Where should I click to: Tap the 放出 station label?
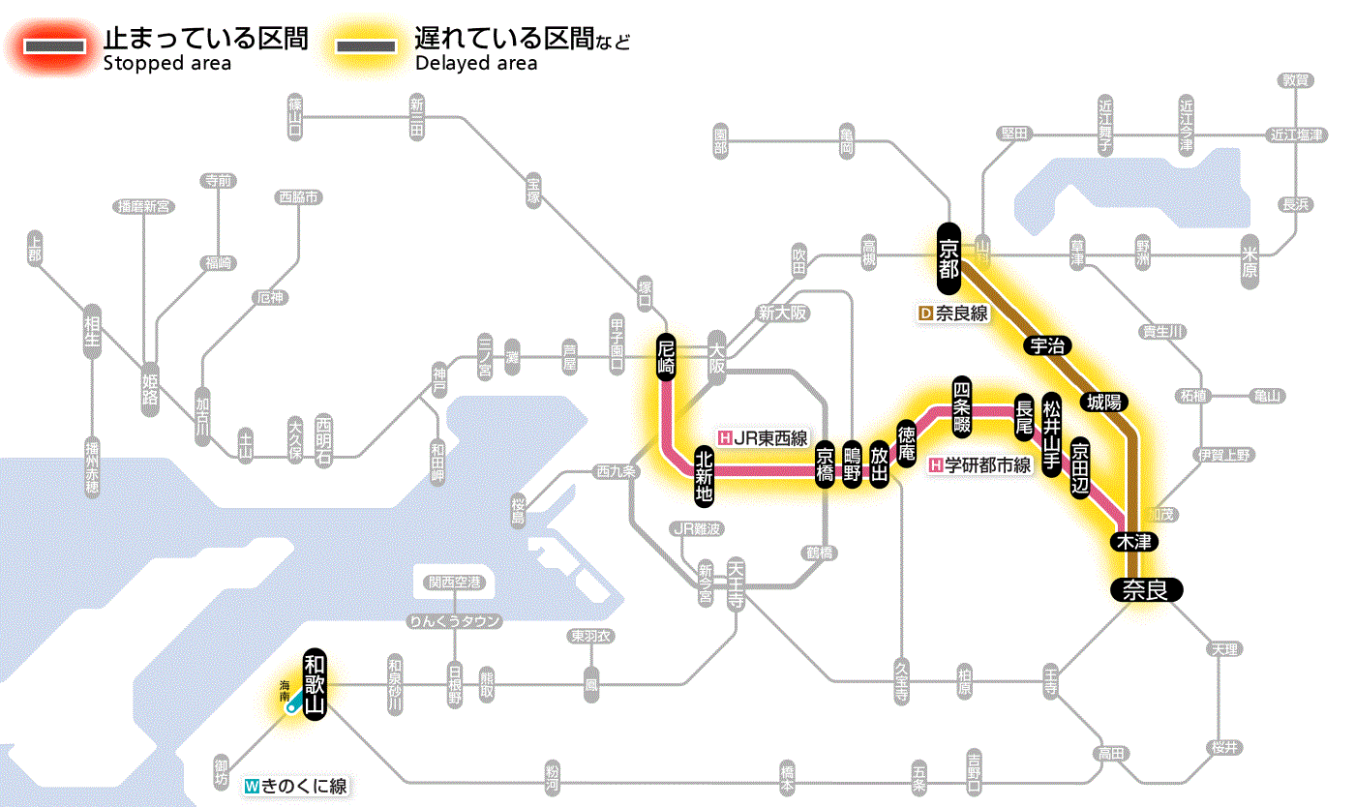click(x=879, y=465)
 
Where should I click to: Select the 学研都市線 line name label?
click(x=979, y=465)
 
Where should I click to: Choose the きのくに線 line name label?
click(x=296, y=786)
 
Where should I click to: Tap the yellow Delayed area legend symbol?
click(x=365, y=47)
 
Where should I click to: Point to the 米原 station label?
click(x=1250, y=258)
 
